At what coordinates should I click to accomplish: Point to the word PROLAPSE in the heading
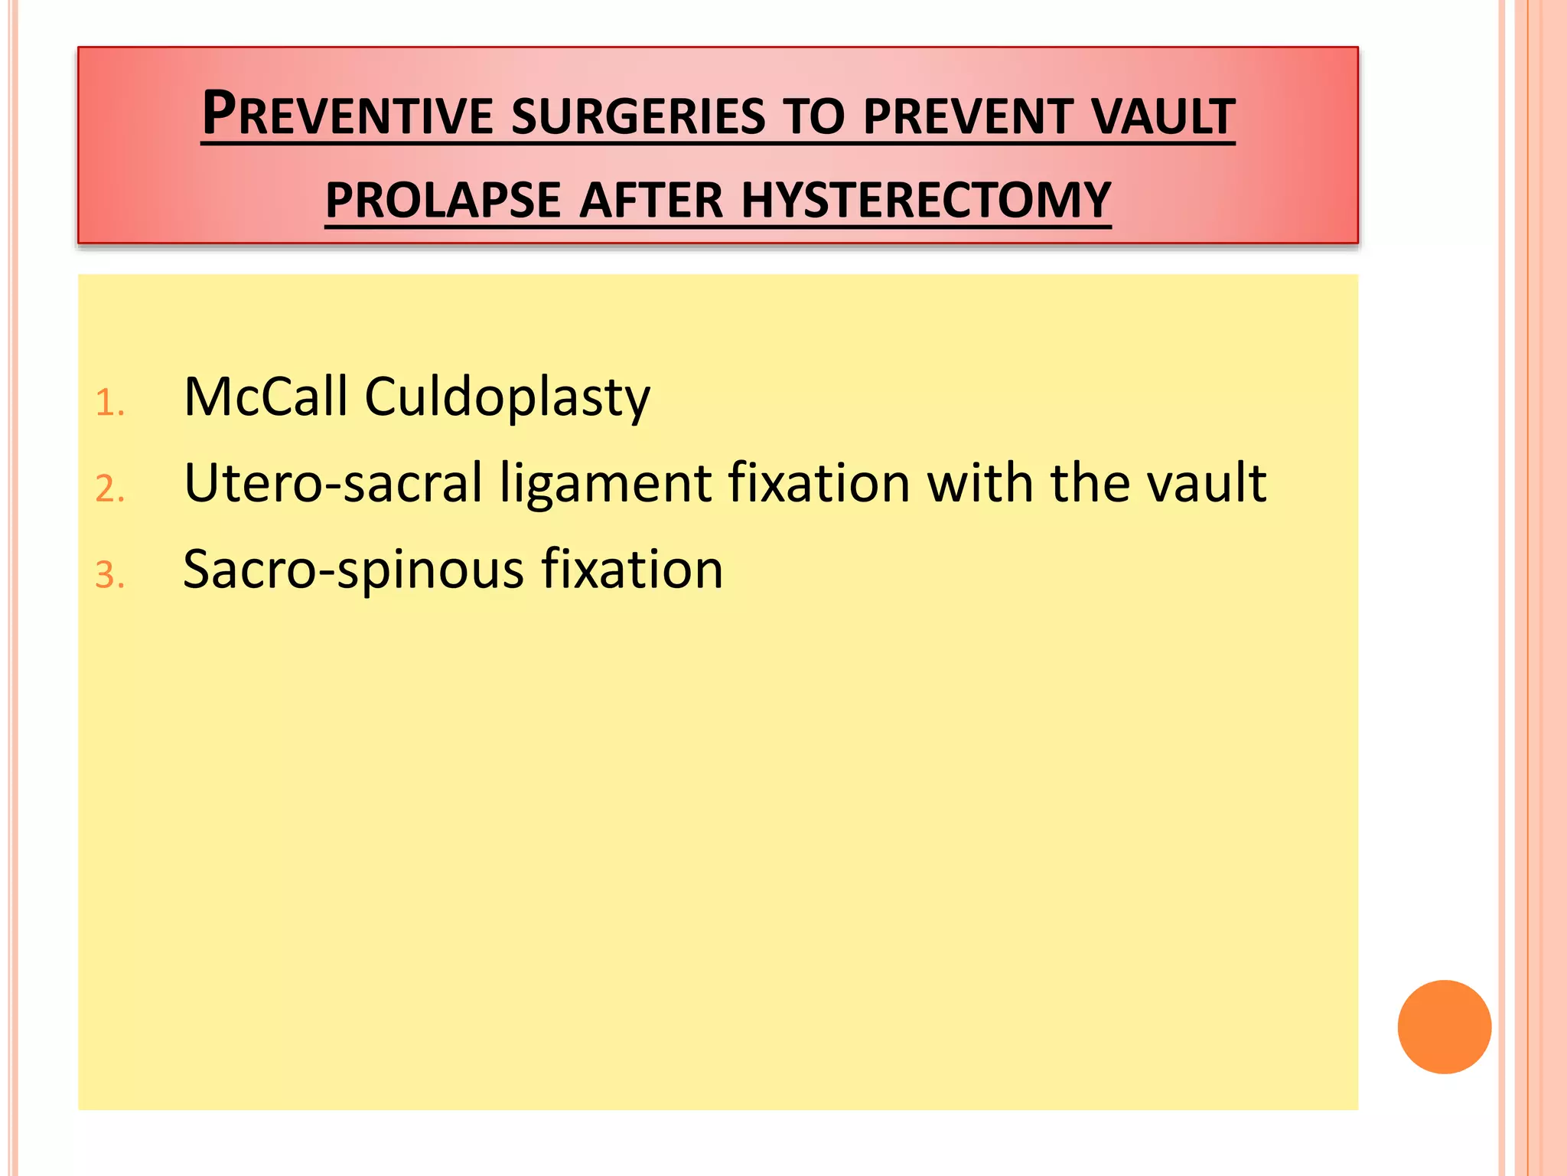coord(443,201)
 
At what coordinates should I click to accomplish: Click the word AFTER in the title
coord(650,201)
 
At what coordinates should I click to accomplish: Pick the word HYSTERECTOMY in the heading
coord(926,201)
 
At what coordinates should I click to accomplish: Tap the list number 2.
coord(109,489)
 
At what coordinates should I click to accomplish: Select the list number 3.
coord(109,576)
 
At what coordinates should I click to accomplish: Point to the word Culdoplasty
coord(507,398)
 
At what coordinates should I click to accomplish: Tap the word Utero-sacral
coord(334,483)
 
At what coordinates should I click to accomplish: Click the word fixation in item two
coord(819,483)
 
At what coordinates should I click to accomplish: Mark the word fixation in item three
coord(632,569)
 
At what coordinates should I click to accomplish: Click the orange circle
coord(1444,1027)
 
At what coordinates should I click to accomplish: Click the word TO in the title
coord(815,117)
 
